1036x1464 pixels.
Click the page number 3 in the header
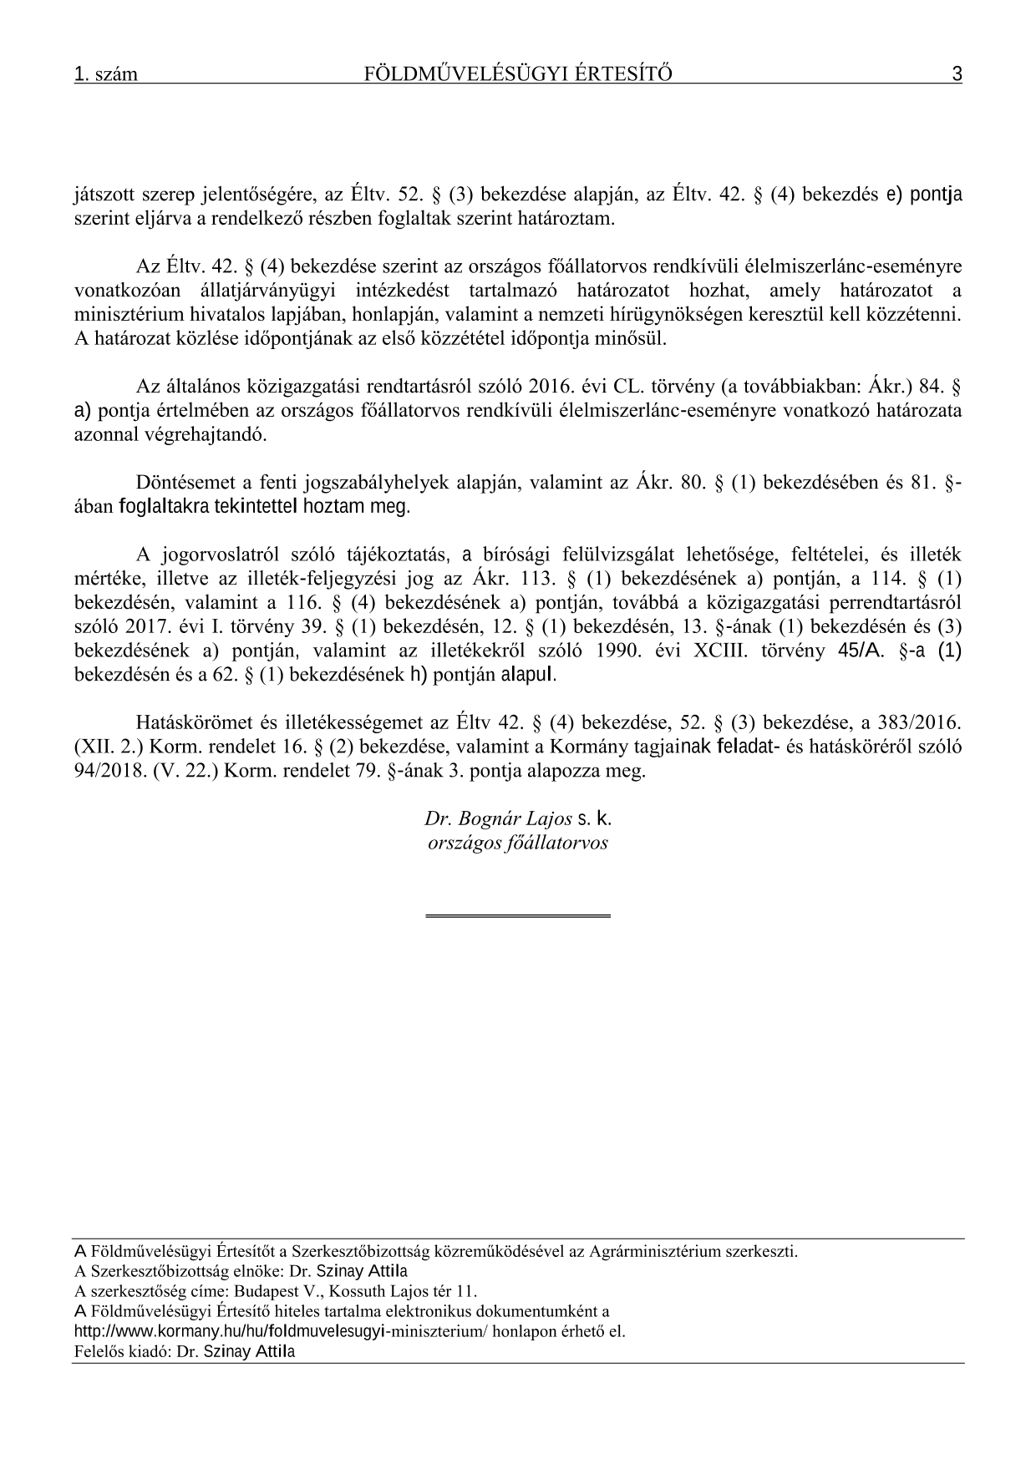[x=957, y=75]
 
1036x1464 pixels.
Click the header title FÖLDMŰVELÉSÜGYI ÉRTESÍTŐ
[x=518, y=75]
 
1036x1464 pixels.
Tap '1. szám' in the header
[x=106, y=75]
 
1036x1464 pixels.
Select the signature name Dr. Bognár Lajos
[x=498, y=819]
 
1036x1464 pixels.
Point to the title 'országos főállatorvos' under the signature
[x=517, y=843]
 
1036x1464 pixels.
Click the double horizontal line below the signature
[x=518, y=917]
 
